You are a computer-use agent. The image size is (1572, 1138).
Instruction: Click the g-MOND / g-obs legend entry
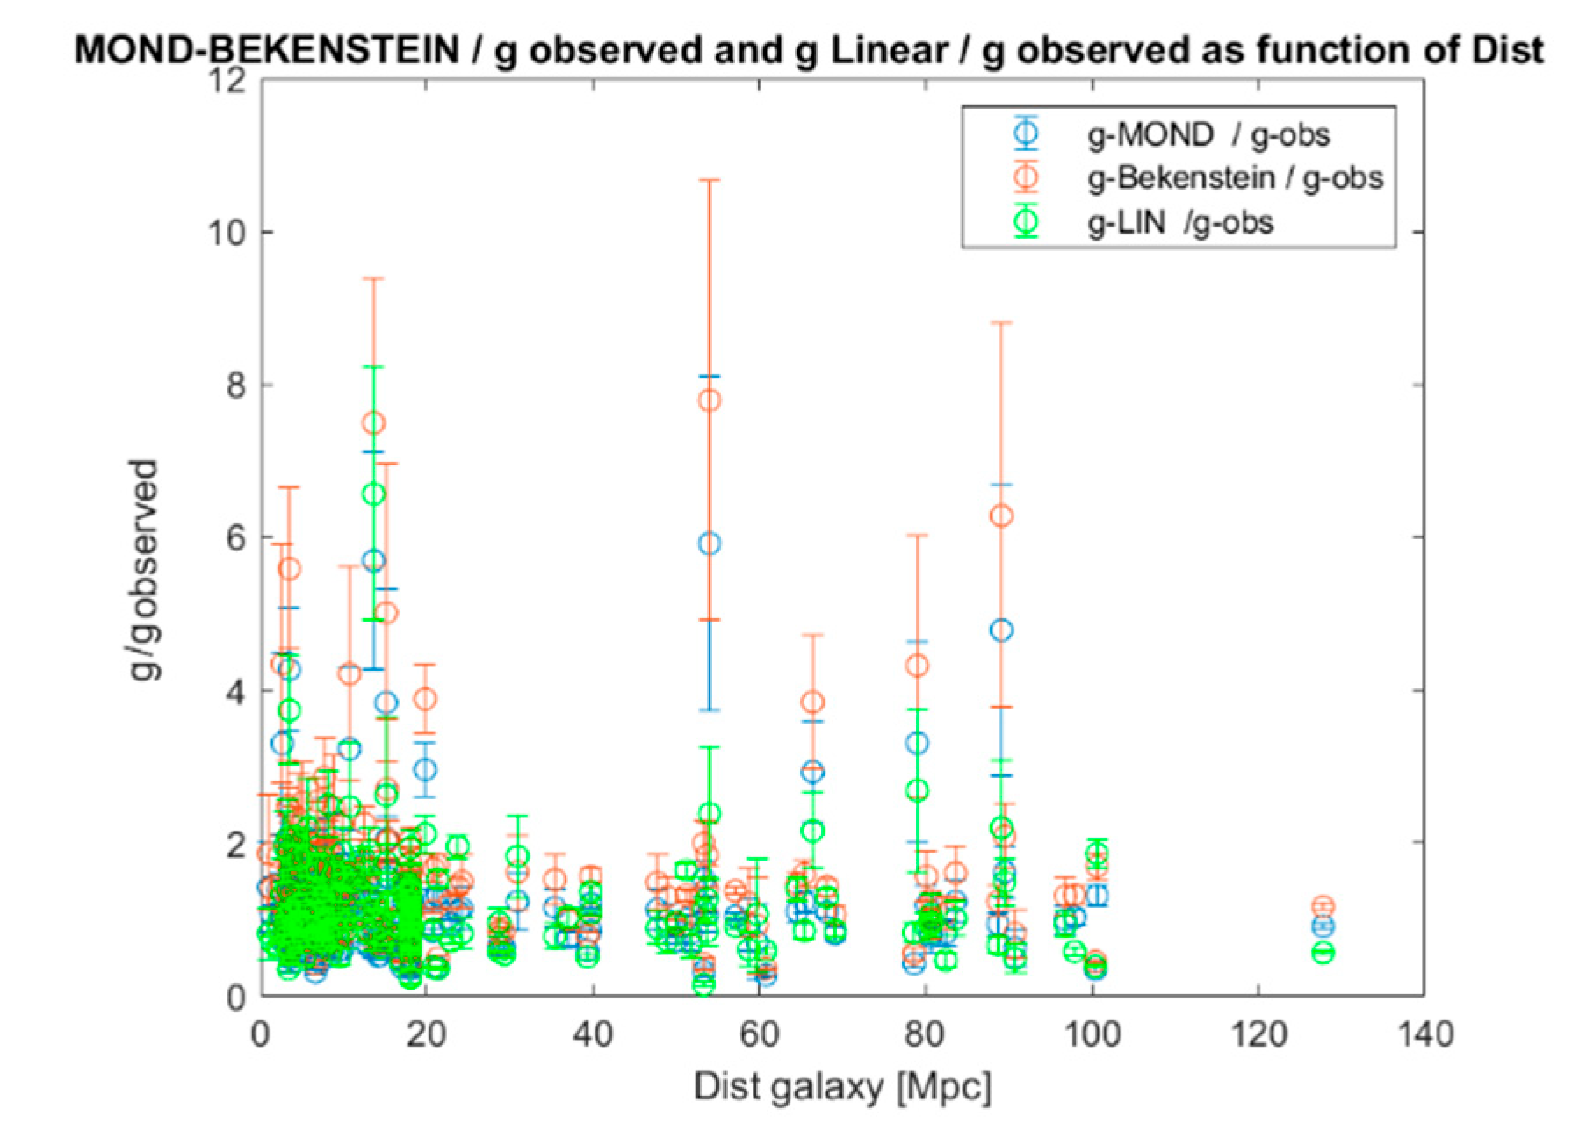pos(1208,134)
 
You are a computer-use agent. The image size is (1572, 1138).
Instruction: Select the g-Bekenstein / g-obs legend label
pos(1235,178)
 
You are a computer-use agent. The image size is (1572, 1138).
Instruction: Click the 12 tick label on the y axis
pos(226,81)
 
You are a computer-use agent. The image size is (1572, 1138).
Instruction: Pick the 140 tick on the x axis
pos(1424,1034)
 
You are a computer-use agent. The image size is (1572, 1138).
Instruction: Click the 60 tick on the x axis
pos(759,1034)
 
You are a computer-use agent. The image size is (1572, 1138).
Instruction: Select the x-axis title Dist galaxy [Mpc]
pos(842,1087)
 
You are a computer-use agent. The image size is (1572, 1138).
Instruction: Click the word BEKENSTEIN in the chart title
pos(334,50)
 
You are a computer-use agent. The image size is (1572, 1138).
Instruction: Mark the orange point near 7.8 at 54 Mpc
pos(710,400)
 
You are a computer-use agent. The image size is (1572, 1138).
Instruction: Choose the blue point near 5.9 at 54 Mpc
pos(710,544)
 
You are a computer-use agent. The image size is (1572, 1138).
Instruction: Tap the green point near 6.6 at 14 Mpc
pos(374,493)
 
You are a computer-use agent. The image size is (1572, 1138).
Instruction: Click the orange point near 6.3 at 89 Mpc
pos(1001,515)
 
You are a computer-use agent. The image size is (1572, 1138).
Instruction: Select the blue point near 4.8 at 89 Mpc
pos(1001,630)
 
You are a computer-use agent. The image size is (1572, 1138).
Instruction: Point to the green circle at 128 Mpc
pos(1323,953)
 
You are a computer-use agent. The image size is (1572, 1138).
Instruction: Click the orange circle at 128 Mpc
pos(1323,906)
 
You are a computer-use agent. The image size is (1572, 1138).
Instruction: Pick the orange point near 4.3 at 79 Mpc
pos(917,666)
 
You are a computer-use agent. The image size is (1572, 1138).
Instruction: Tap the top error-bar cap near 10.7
pos(710,180)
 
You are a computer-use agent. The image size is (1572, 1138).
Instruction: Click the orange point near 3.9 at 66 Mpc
pos(813,702)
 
